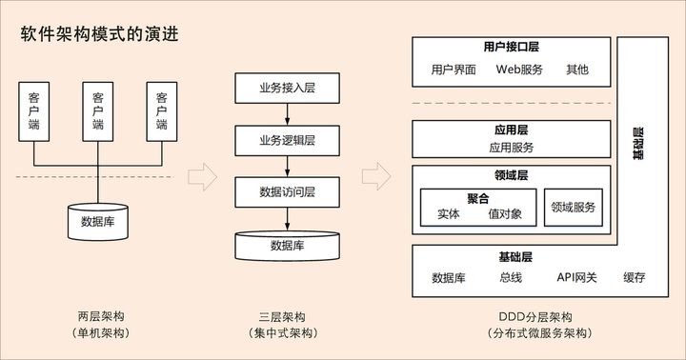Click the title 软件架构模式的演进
[99, 34]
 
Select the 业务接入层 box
[287, 88]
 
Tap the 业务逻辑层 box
[287, 140]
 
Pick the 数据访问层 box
[287, 191]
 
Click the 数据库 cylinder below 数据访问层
[287, 245]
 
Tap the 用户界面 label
[454, 70]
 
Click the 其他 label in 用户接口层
[576, 70]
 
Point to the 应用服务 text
[512, 148]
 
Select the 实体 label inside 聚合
[448, 214]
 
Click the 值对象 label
[505, 214]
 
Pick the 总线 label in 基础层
[511, 278]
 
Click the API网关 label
[576, 278]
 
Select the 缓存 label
[634, 278]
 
